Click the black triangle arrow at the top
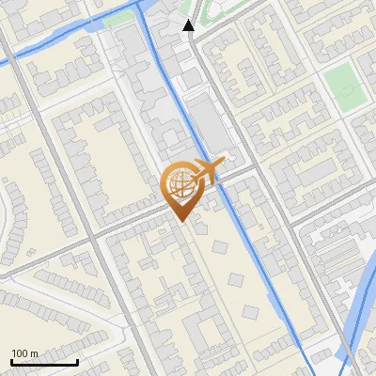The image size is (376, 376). point(189,26)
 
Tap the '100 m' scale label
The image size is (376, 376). point(24,353)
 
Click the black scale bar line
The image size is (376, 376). point(44,362)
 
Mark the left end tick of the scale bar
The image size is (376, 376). point(11,361)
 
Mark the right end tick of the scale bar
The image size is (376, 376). point(77,361)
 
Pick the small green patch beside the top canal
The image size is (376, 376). point(119,18)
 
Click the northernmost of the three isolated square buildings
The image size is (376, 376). point(220,247)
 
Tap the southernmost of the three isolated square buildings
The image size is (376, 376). point(251,311)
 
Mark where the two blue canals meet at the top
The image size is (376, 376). point(141,8)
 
